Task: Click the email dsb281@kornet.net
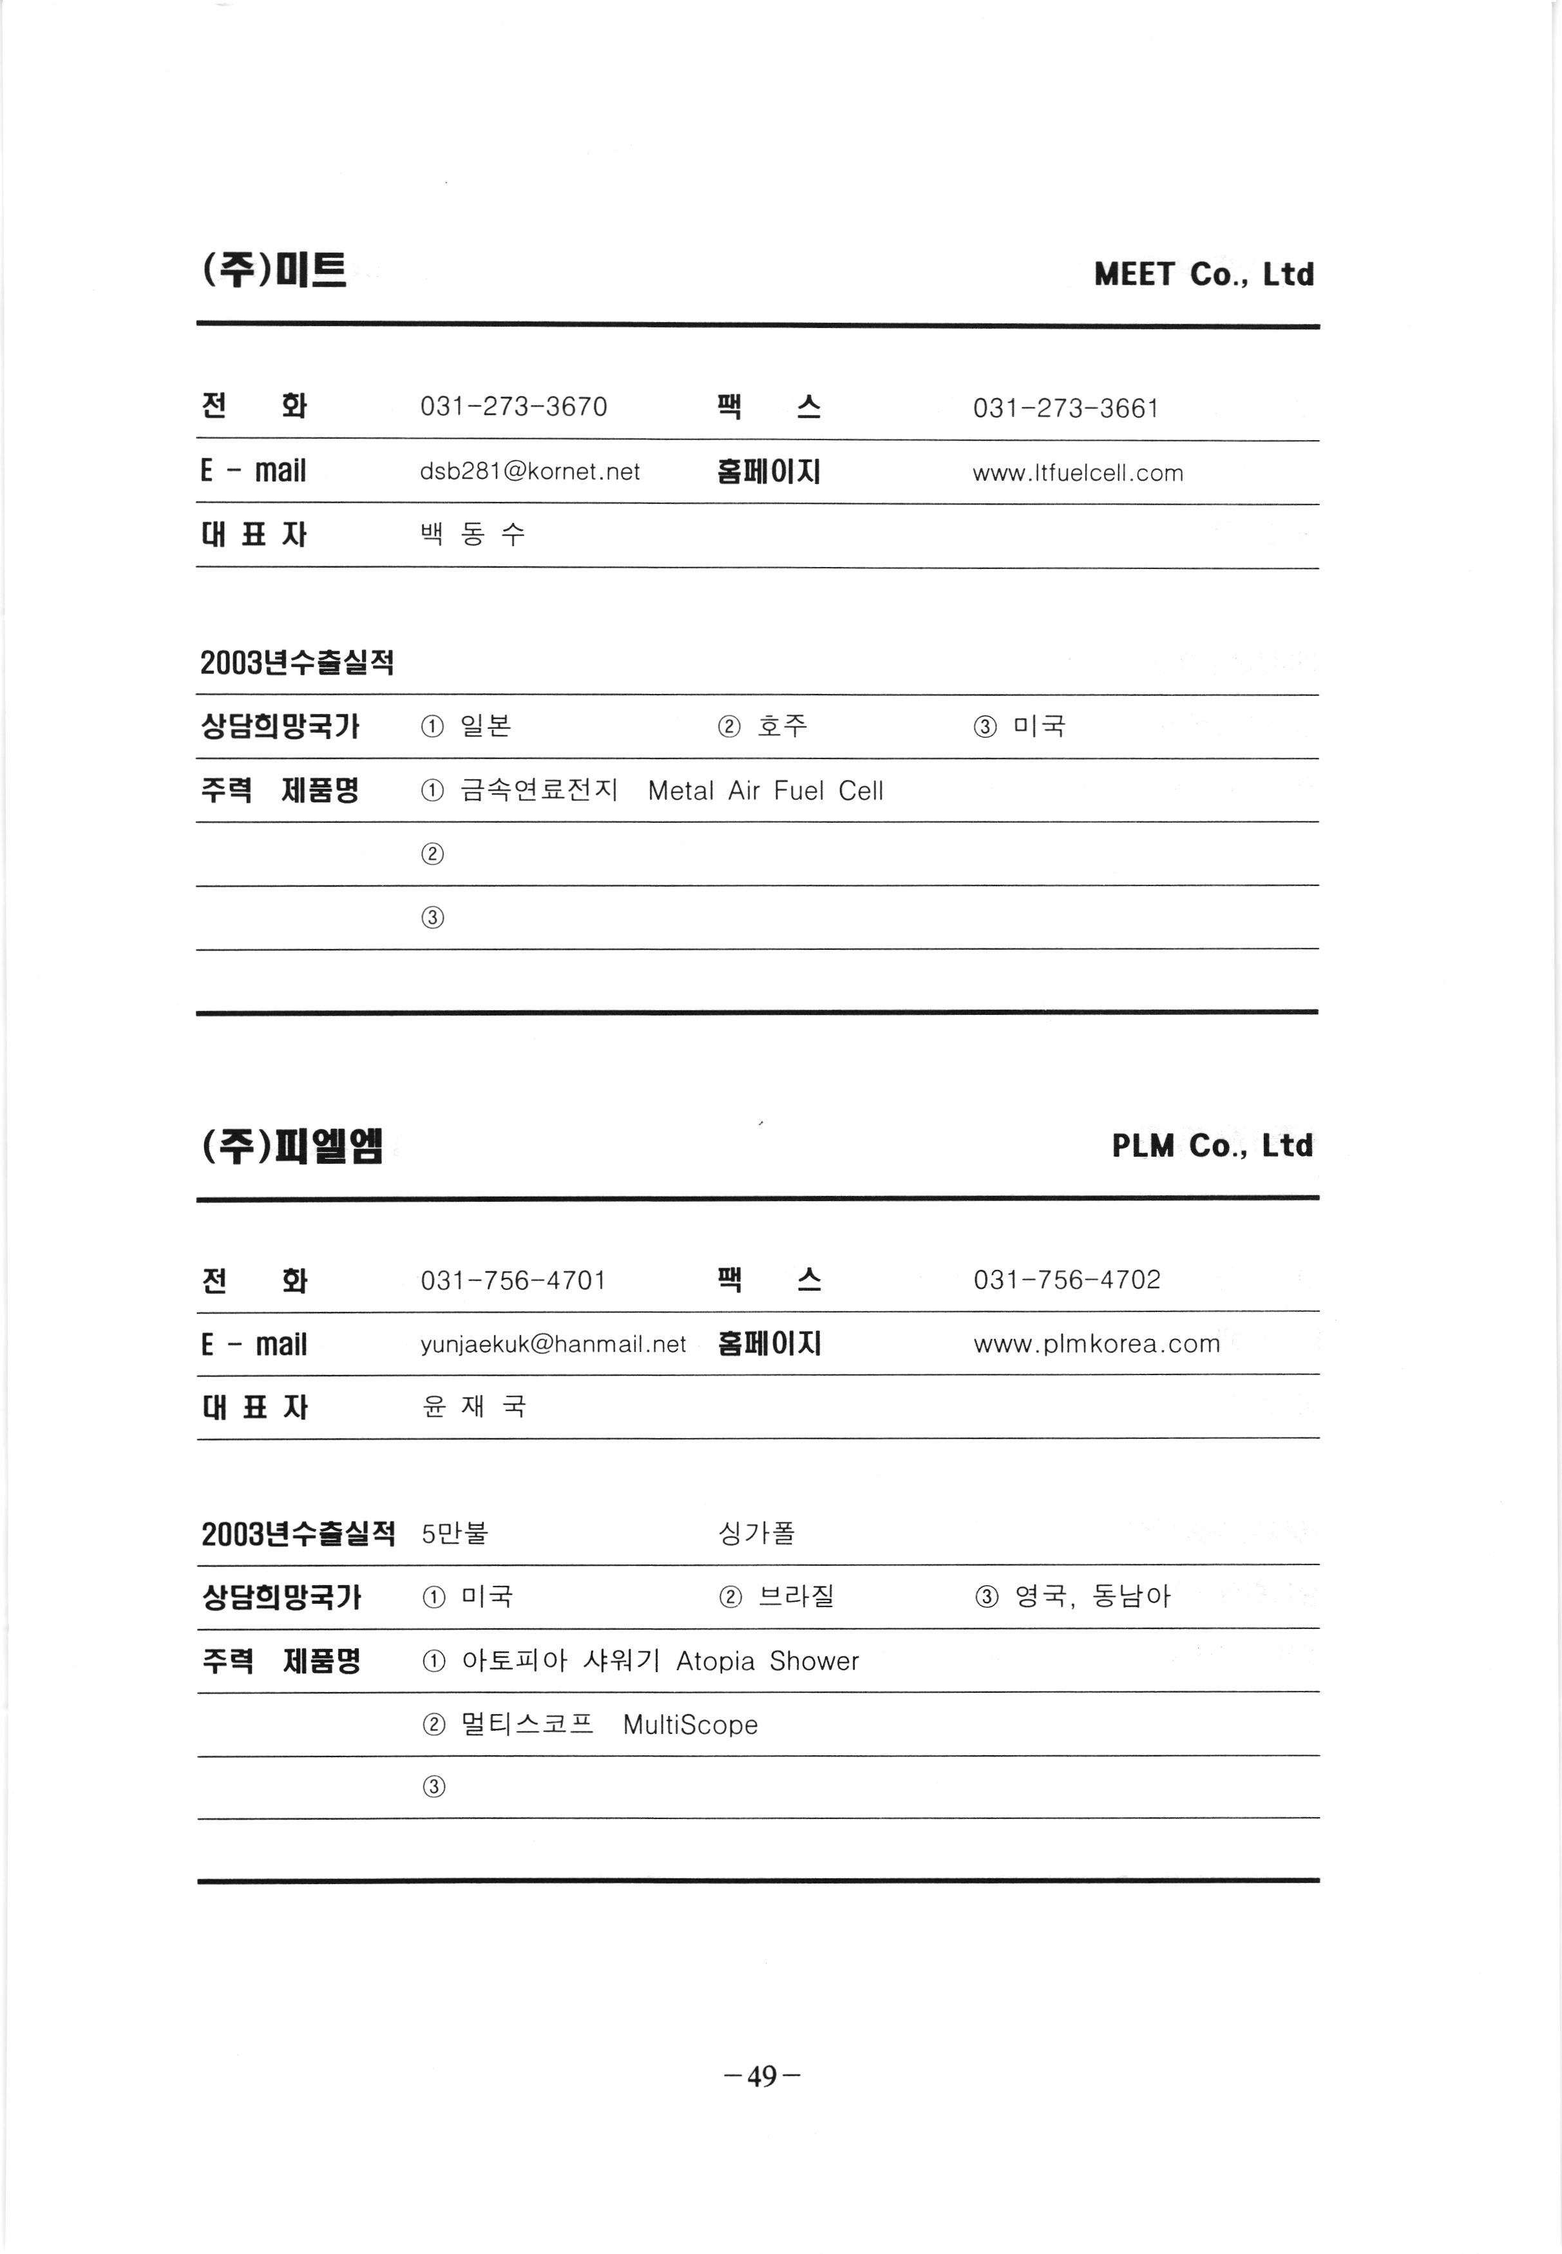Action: point(529,472)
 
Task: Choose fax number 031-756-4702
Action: point(1066,1280)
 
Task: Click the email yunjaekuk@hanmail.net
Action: point(553,1344)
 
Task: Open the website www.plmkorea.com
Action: point(1096,1344)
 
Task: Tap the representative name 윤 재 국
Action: point(473,1407)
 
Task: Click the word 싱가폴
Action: point(757,1532)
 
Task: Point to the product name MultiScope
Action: point(690,1724)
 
